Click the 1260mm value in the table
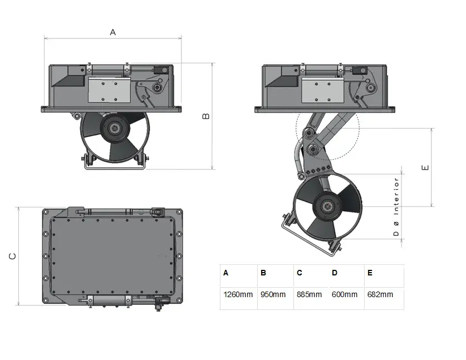pyautogui.click(x=238, y=294)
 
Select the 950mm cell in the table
pyautogui.click(x=273, y=294)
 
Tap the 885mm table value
pyautogui.click(x=309, y=294)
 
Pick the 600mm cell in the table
pyautogui.click(x=345, y=294)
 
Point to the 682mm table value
pyautogui.click(x=380, y=294)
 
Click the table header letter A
pyautogui.click(x=226, y=273)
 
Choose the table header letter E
pyautogui.click(x=370, y=273)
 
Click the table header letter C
pyautogui.click(x=300, y=273)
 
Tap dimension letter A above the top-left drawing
pyautogui.click(x=112, y=32)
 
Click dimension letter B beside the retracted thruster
pyautogui.click(x=205, y=116)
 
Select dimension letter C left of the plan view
pyautogui.click(x=12, y=256)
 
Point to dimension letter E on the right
pyautogui.click(x=425, y=168)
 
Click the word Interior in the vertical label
pyautogui.click(x=396, y=196)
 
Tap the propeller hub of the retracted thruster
pyautogui.click(x=115, y=129)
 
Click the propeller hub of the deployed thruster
pyautogui.click(x=327, y=206)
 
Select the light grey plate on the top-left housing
pyautogui.click(x=109, y=90)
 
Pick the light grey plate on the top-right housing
pyautogui.click(x=323, y=90)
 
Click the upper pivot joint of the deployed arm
pyautogui.click(x=308, y=132)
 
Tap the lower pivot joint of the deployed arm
pyautogui.click(x=312, y=150)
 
